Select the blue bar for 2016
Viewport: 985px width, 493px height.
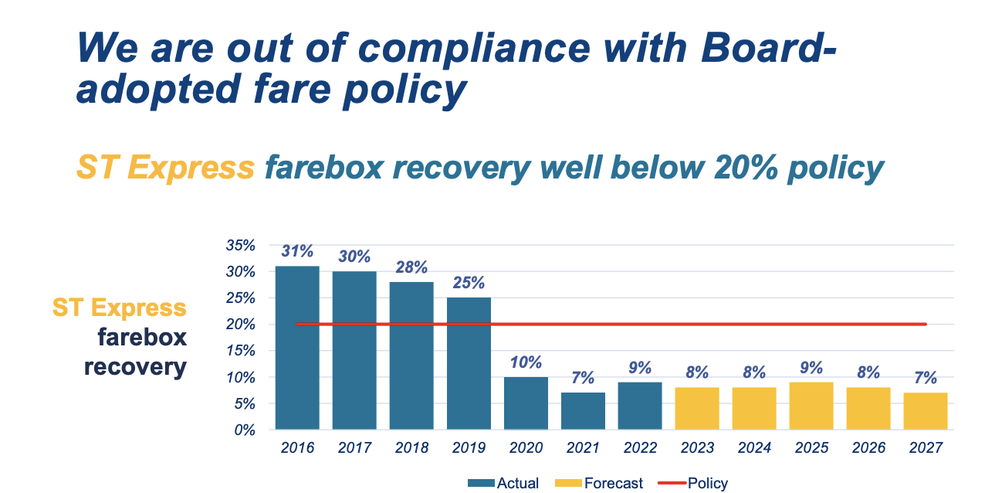click(297, 348)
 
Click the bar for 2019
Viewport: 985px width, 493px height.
click(469, 363)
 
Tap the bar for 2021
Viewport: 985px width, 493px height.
click(583, 410)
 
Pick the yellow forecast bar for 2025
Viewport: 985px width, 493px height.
click(811, 406)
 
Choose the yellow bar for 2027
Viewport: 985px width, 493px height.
click(926, 410)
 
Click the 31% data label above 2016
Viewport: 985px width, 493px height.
click(297, 251)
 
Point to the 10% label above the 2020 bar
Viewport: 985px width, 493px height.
click(526, 362)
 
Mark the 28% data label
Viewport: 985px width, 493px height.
click(411, 267)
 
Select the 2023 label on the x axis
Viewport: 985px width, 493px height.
click(697, 448)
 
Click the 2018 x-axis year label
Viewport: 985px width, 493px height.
click(411, 448)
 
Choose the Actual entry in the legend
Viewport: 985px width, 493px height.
click(503, 484)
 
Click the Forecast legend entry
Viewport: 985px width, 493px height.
click(599, 484)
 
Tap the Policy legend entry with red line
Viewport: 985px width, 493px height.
click(692, 484)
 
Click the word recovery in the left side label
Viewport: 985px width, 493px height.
click(135, 366)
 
